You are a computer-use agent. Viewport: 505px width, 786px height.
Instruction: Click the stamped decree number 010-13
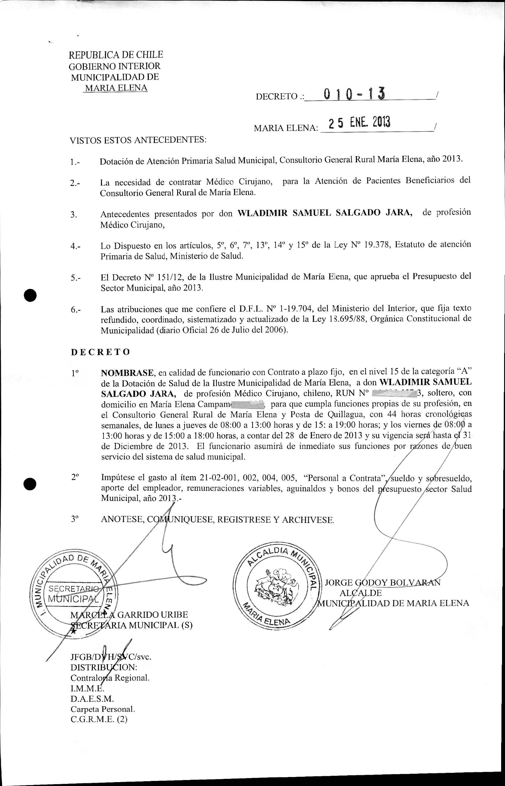354,95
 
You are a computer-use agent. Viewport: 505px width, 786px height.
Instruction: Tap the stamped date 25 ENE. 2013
359,123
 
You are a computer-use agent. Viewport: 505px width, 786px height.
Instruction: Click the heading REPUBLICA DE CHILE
116,54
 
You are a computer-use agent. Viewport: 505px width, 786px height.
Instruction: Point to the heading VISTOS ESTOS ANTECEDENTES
138,141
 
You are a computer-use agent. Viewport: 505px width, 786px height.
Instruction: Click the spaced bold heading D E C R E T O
100,352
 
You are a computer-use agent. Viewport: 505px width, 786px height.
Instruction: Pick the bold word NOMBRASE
127,373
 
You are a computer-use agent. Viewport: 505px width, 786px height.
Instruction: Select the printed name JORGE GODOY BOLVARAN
382,582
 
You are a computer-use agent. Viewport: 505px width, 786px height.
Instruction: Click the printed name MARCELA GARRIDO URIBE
129,614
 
